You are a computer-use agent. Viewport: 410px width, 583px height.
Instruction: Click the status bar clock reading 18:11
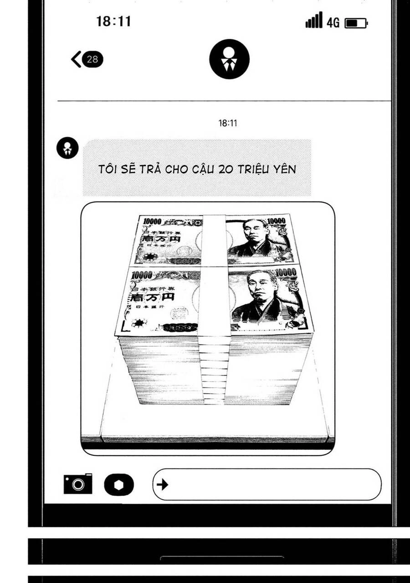point(113,21)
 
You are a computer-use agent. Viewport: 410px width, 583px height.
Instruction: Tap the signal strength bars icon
point(314,21)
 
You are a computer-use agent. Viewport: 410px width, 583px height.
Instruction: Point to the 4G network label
point(333,23)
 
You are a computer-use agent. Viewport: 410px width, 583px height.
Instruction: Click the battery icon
point(356,23)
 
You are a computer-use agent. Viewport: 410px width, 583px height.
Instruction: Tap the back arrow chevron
point(76,59)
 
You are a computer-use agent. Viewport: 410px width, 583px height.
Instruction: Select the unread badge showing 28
point(92,59)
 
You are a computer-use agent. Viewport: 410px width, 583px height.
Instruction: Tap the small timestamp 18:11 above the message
point(228,123)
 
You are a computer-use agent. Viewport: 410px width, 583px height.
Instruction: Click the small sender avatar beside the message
point(67,148)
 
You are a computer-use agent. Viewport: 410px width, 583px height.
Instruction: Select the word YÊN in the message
point(283,169)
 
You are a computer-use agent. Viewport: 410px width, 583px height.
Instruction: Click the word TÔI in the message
point(108,169)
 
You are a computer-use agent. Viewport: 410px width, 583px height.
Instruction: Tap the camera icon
point(78,484)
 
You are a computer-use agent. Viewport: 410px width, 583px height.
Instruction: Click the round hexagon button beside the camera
point(119,484)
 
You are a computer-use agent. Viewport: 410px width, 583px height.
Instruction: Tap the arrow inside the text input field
point(162,484)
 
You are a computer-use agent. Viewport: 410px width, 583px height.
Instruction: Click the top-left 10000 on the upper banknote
point(152,221)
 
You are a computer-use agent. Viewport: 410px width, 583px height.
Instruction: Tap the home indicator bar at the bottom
point(222,557)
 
